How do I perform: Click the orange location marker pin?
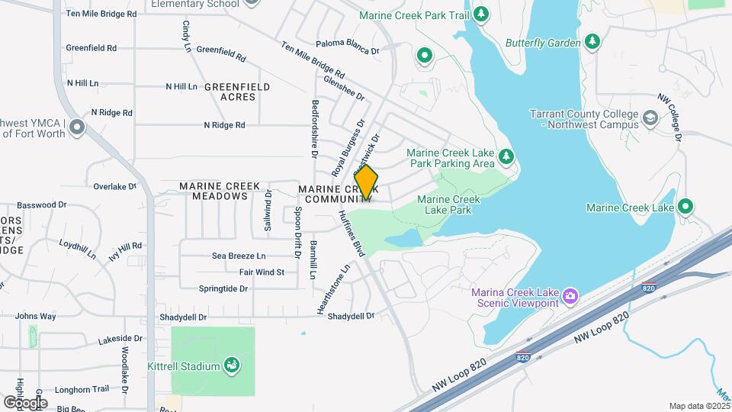[x=366, y=182]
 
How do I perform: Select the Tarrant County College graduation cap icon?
[x=649, y=118]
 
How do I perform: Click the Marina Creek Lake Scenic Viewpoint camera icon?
[x=570, y=295]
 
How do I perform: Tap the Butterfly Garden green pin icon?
[x=592, y=43]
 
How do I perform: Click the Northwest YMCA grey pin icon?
[x=75, y=127]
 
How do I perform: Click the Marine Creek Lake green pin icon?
[x=685, y=207]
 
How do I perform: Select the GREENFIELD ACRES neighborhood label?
[x=237, y=92]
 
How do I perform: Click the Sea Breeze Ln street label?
[x=239, y=256]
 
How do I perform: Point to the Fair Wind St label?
[x=262, y=272]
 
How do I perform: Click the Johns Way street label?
[x=35, y=316]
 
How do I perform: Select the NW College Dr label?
[x=669, y=118]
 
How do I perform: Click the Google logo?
[x=25, y=402]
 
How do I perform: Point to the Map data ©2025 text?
[x=698, y=406]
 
